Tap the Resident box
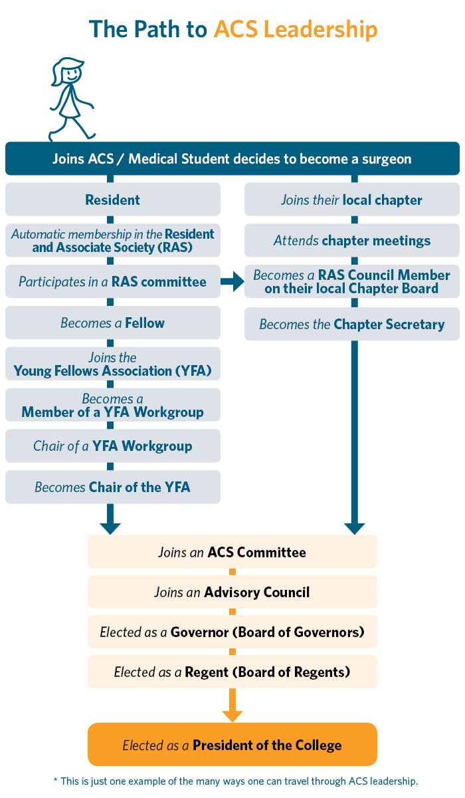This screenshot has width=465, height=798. click(113, 199)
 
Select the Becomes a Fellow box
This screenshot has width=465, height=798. click(113, 323)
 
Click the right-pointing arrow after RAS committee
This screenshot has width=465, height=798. click(232, 282)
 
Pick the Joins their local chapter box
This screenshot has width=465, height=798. click(352, 199)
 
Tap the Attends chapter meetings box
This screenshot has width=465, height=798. click(352, 241)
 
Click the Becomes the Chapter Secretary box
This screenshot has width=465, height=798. click(352, 325)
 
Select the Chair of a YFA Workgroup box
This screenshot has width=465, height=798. click(113, 446)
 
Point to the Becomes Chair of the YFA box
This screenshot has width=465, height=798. click(113, 487)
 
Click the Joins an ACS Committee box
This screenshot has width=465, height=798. click(232, 552)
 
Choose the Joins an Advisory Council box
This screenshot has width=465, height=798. click(232, 592)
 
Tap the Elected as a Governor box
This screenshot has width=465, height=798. click(232, 632)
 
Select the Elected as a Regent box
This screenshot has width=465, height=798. click(232, 672)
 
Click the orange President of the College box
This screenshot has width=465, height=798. click(232, 745)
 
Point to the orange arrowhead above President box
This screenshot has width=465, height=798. click(232, 715)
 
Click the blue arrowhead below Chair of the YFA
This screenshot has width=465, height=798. click(110, 527)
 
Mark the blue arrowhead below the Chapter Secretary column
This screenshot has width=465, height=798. click(354, 527)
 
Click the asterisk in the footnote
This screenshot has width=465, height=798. click(56, 780)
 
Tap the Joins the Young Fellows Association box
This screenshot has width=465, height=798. click(113, 364)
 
